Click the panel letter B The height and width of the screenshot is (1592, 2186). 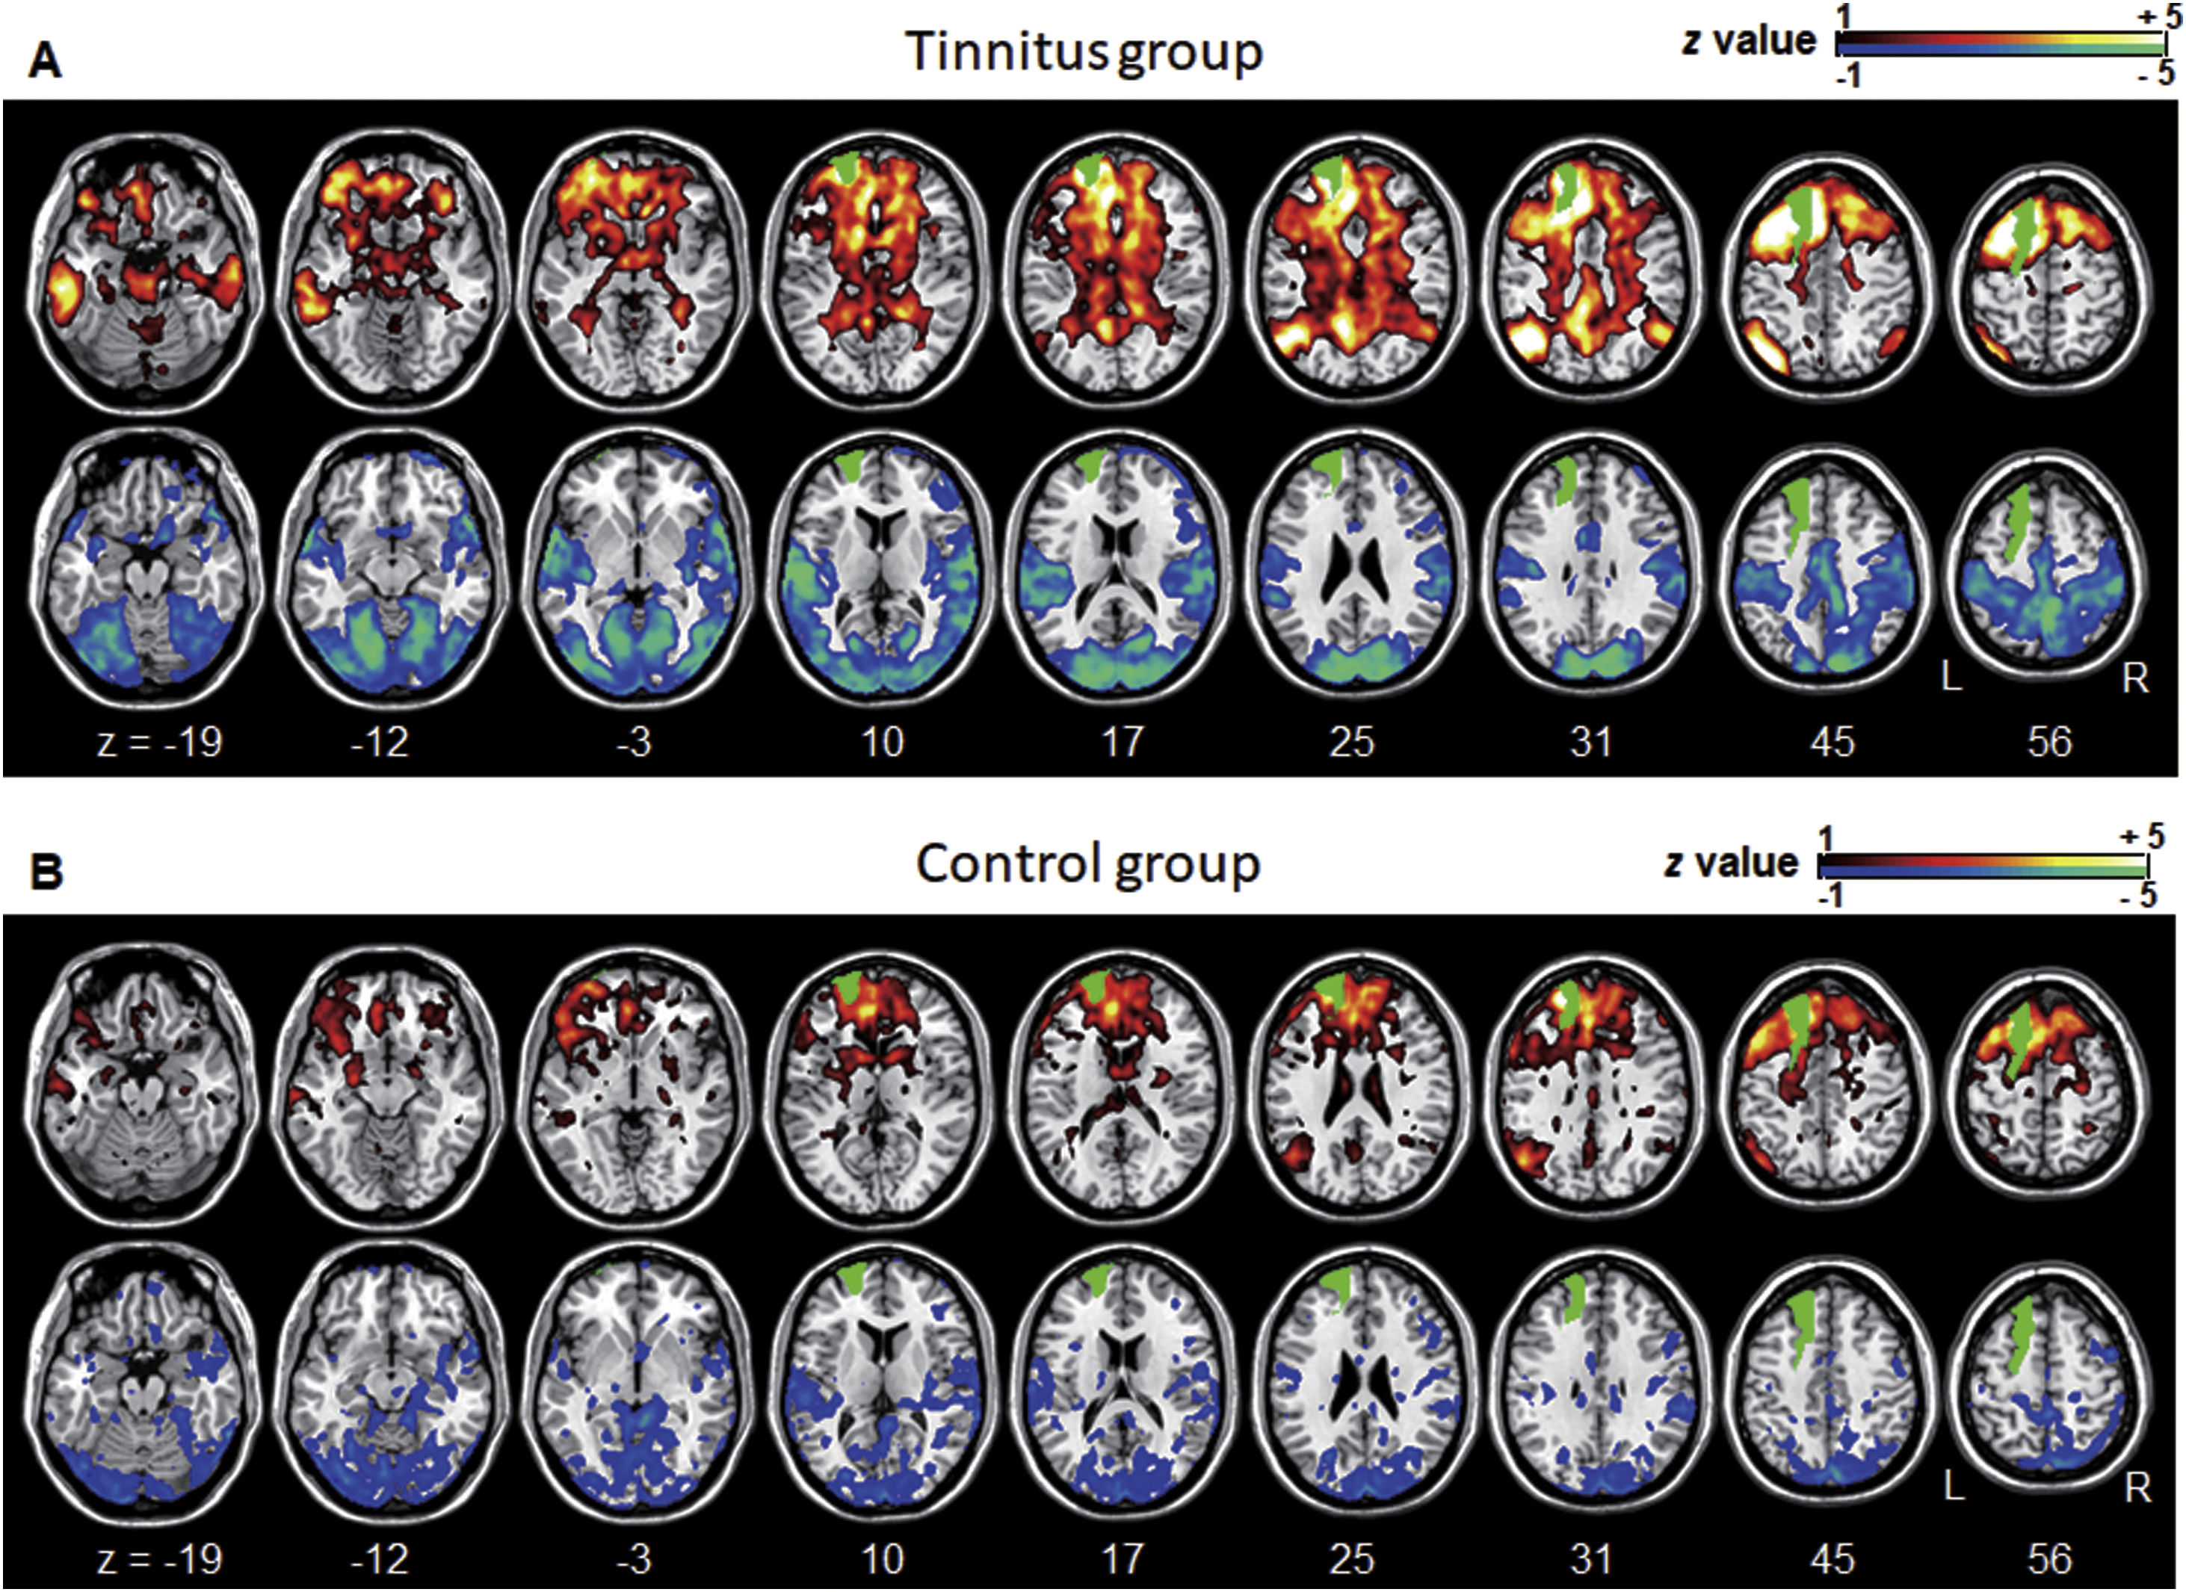[46, 871]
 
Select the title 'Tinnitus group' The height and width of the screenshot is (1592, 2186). [1084, 52]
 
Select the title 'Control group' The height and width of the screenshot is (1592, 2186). [1088, 864]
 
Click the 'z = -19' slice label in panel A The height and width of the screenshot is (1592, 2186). [160, 742]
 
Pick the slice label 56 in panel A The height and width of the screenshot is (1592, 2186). [2049, 742]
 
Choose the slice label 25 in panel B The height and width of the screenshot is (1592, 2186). [1351, 1558]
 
